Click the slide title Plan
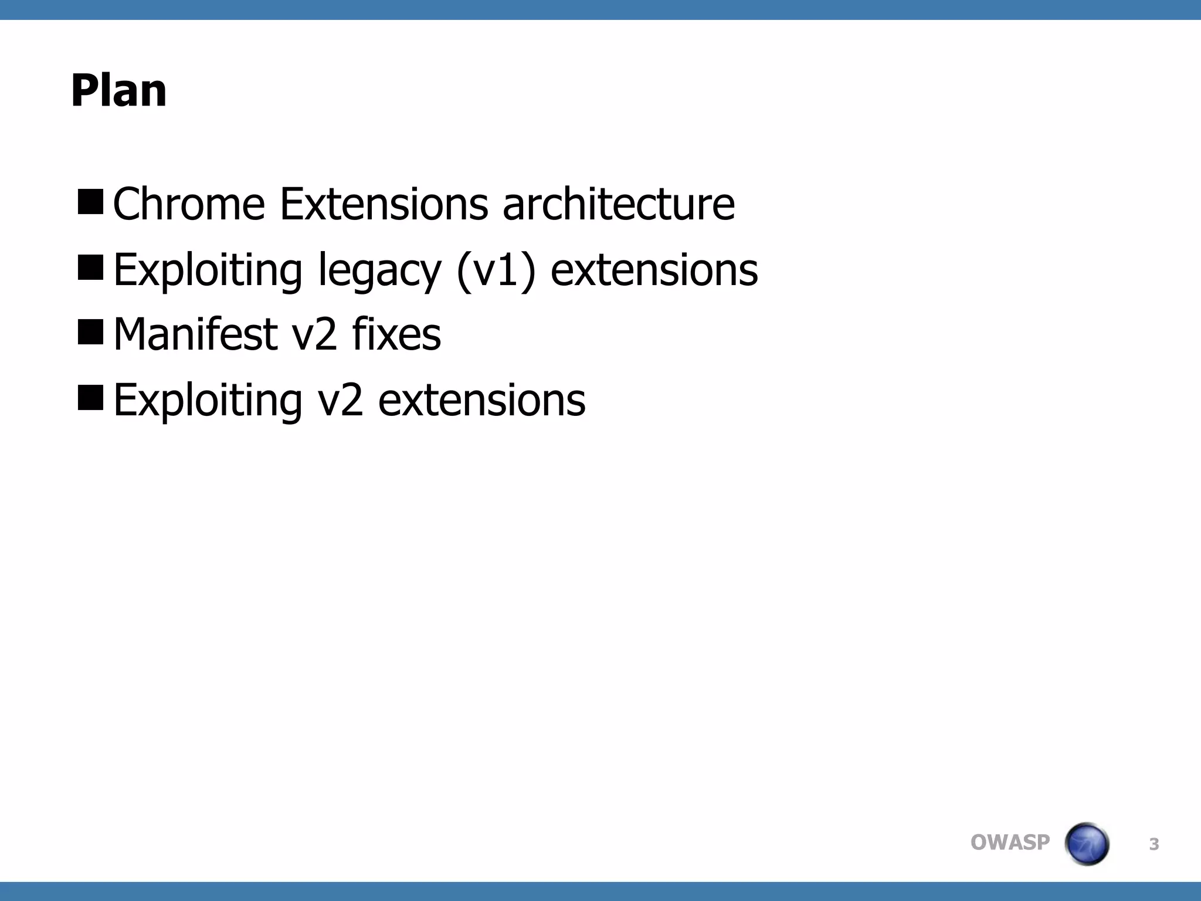(118, 91)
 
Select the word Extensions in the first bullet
(384, 204)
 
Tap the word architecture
(618, 204)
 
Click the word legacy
(379, 271)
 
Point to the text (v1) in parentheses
(496, 270)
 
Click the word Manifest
(195, 334)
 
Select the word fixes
(396, 334)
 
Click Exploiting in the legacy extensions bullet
(208, 270)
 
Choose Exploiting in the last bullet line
(208, 400)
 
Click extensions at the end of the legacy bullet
(654, 270)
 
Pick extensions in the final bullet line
(481, 400)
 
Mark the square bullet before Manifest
(90, 332)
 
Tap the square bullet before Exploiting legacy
(90, 267)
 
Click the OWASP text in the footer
(1010, 842)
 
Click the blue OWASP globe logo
(1087, 844)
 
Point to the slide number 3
(1153, 845)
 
